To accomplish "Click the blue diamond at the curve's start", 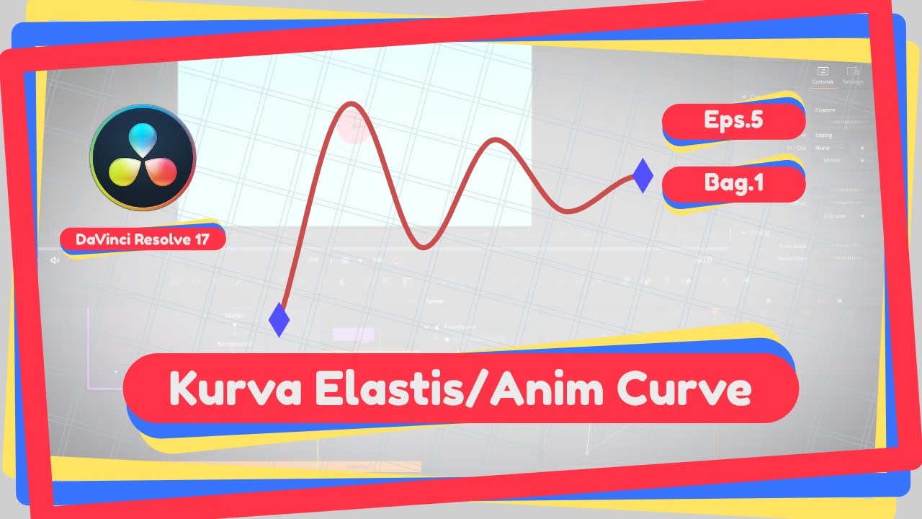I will [x=278, y=319].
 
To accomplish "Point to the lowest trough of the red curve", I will [x=424, y=247].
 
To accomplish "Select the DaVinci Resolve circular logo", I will [x=143, y=157].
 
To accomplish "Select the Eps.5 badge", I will [x=733, y=120].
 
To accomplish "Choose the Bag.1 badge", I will [x=733, y=183].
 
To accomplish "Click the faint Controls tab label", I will [x=823, y=81].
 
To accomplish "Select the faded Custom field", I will [x=825, y=110].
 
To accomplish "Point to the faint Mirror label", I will [x=831, y=160].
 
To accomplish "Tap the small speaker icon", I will [x=55, y=260].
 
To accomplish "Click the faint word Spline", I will [x=434, y=301].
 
